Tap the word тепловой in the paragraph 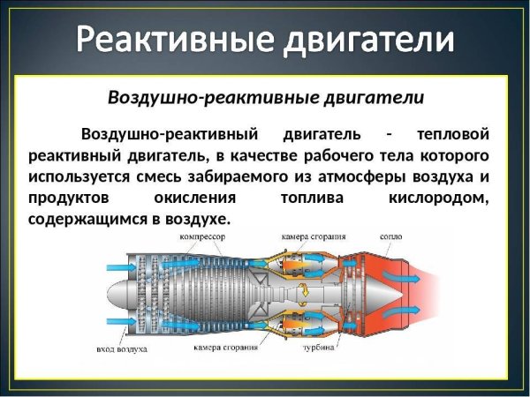451,135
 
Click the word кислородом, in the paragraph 438,198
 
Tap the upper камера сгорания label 314,237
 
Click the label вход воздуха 122,349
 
